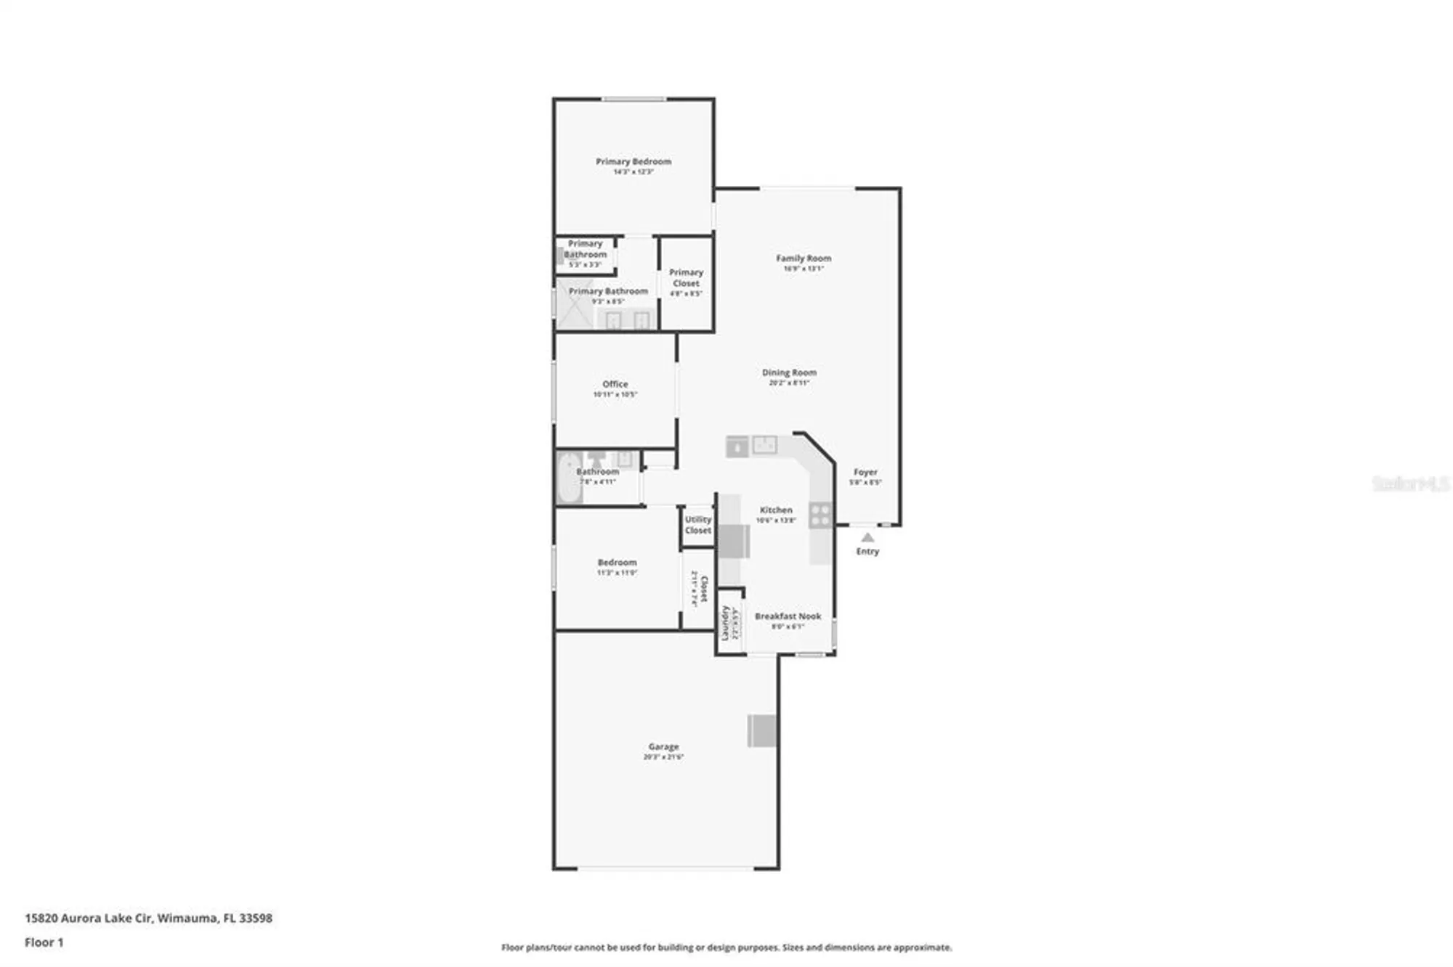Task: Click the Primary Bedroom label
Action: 633,162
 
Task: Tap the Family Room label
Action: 803,258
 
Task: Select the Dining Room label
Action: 789,372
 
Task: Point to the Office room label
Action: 615,384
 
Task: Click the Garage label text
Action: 663,746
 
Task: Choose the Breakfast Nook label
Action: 788,616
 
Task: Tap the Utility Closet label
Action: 697,525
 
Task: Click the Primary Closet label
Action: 686,278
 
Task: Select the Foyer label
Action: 865,472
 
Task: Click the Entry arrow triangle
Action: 867,538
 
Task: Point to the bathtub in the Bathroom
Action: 569,478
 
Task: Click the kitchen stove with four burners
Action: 820,515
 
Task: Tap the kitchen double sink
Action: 764,445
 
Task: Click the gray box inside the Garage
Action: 762,730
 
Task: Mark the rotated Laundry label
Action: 724,623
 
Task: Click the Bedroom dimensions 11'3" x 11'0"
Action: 617,573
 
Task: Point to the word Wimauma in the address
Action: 187,918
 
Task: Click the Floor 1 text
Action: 44,942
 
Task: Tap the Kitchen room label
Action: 776,510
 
